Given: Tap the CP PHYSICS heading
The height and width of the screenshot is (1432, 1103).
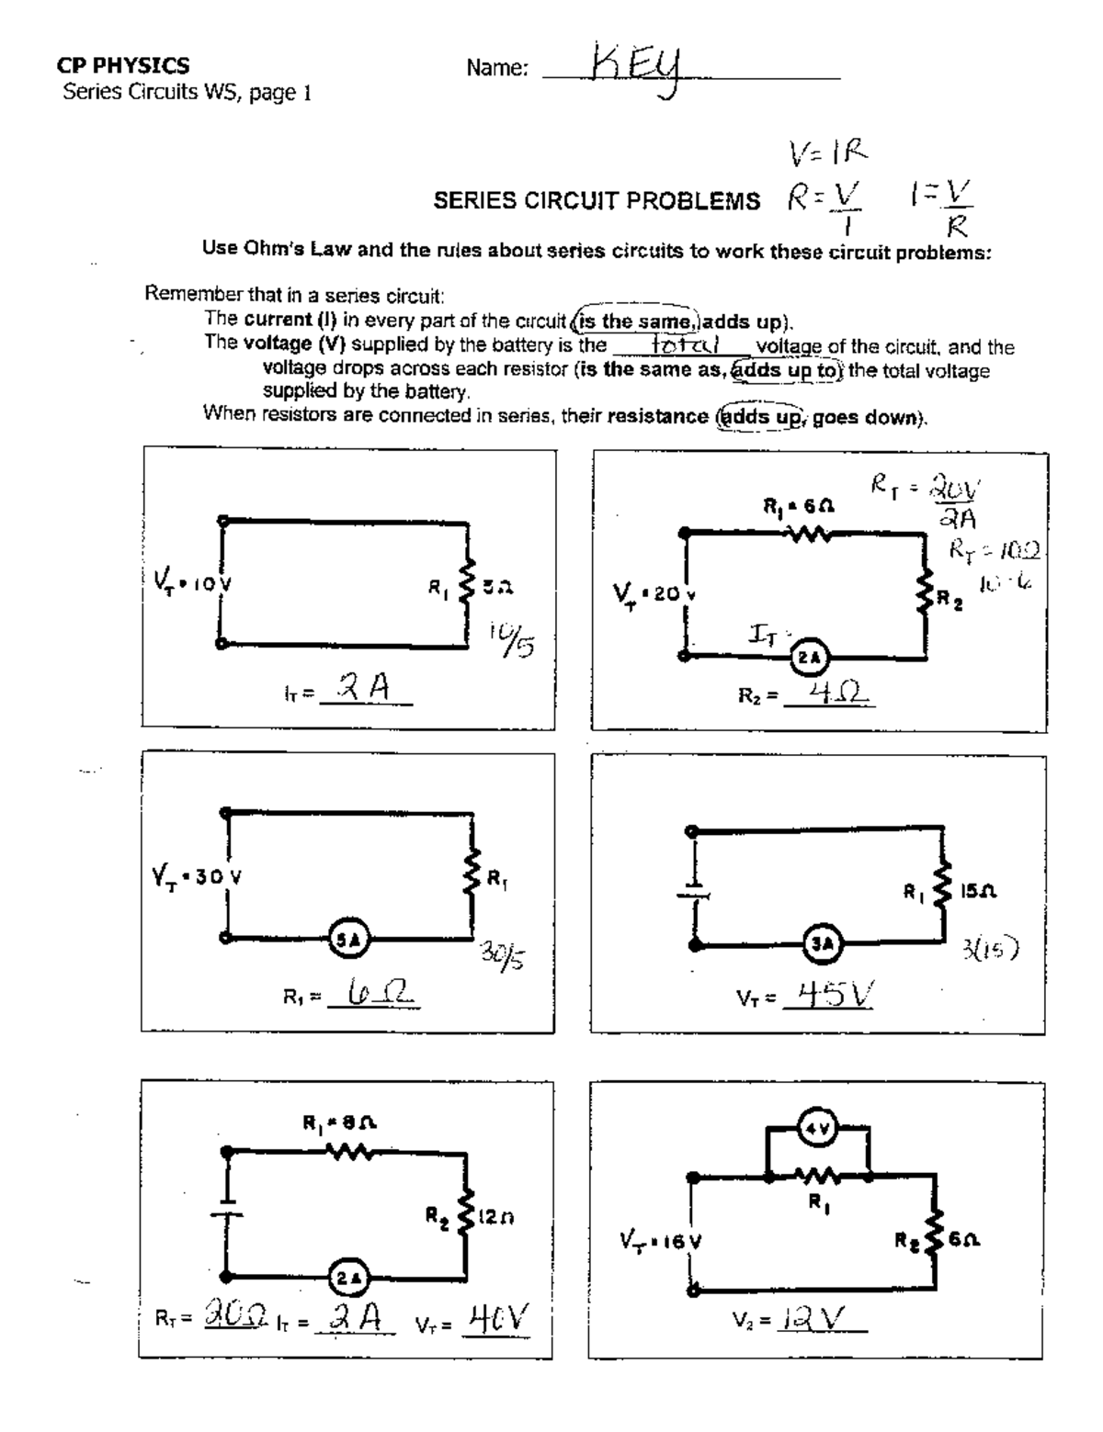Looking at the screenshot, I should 123,65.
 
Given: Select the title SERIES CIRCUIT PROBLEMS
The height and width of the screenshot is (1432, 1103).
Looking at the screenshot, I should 597,201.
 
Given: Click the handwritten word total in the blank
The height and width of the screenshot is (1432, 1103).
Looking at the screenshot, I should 684,345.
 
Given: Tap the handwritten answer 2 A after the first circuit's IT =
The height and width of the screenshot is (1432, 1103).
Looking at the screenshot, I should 364,688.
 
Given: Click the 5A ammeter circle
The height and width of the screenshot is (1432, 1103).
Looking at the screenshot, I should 347,938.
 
